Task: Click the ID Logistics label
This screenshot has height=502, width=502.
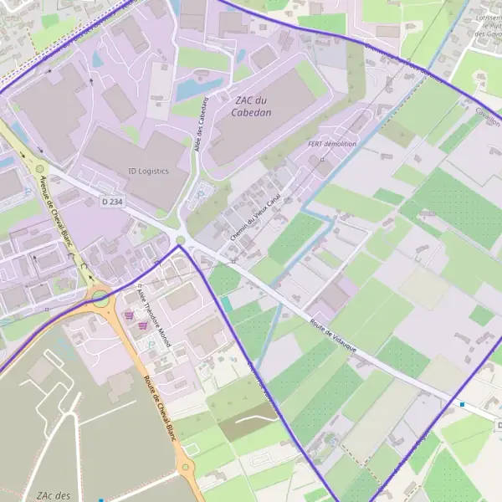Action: coord(148,171)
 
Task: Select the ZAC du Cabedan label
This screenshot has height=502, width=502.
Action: coord(255,106)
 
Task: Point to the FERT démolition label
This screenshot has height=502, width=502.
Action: coord(332,144)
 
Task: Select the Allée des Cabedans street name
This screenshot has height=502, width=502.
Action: coord(202,124)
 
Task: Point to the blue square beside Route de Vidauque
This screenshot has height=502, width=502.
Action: coord(463,405)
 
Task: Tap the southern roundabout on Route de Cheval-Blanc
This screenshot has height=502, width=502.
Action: coord(187,469)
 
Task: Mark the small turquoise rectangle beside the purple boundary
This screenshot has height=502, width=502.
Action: coord(227,305)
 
